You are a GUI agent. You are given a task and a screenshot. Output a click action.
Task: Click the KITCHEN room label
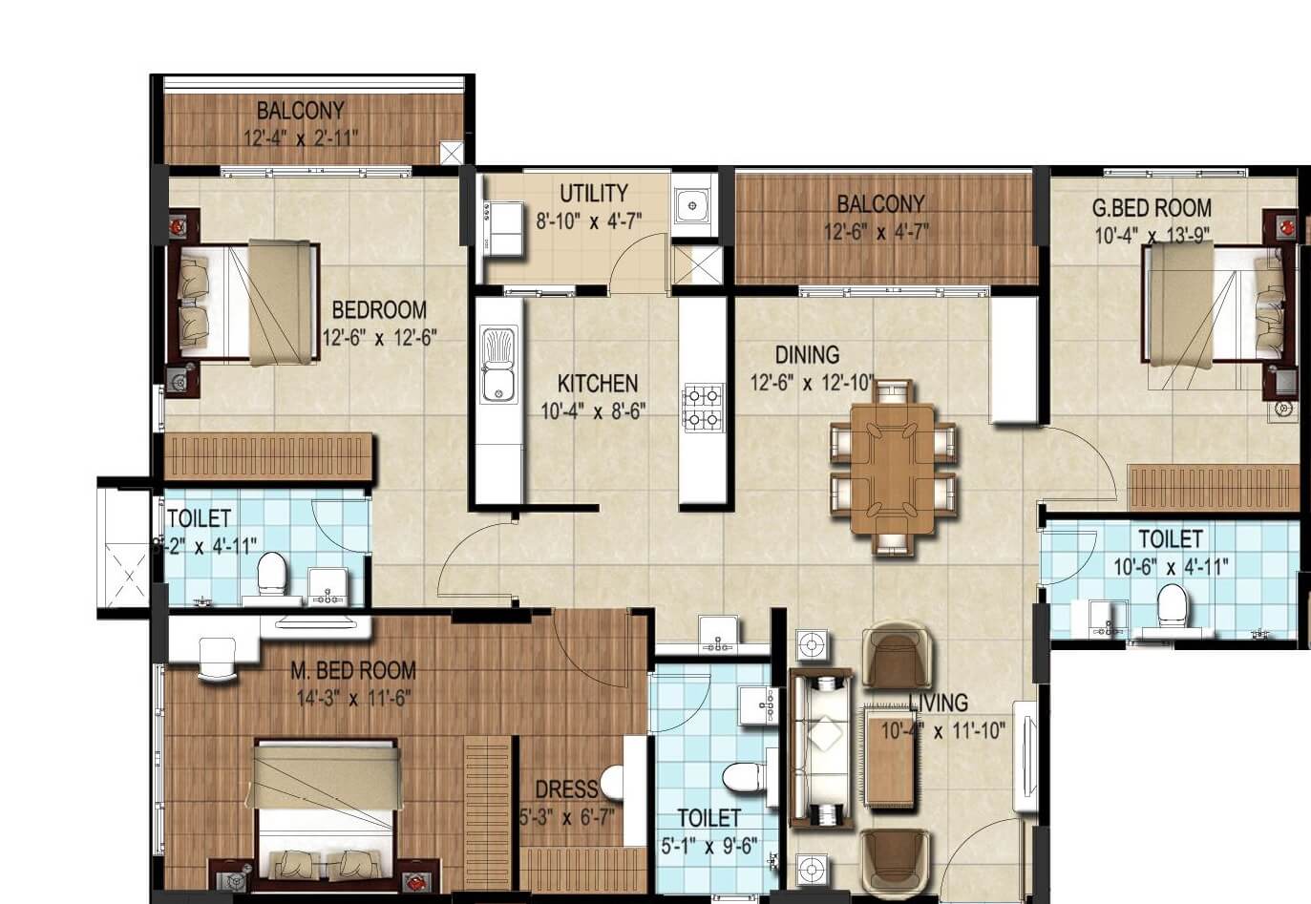pos(597,384)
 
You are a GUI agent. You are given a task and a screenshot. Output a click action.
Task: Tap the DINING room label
pos(807,355)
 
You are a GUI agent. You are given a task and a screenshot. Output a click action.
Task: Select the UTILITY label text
pos(593,194)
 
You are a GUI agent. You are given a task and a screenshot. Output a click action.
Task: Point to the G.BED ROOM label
pos(1152,208)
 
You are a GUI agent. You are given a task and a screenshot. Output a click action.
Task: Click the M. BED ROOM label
pos(353,671)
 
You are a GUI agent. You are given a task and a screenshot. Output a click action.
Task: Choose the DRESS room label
pos(565,789)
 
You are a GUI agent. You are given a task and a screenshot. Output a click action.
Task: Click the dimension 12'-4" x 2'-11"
pos(300,138)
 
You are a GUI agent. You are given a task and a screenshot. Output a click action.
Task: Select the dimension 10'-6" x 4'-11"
pos(1171,566)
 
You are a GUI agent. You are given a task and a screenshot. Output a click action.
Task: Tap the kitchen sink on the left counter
pos(498,365)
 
